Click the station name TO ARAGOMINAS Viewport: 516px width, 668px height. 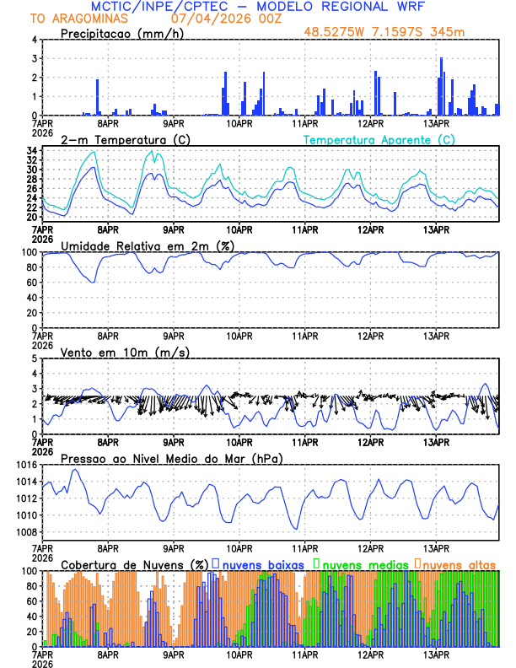68,19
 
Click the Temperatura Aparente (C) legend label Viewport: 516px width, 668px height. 379,139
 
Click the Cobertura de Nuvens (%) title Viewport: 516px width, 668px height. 135,563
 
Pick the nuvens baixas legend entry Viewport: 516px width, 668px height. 262,563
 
